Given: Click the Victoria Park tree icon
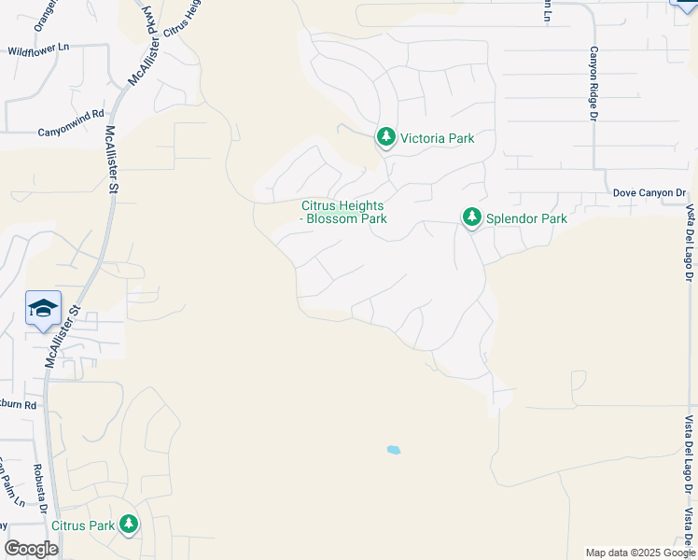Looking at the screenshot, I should point(386,137).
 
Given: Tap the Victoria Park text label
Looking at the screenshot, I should point(437,138).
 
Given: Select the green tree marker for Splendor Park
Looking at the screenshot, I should point(472,217).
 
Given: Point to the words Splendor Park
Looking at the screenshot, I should point(527,219).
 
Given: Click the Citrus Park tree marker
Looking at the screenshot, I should point(129,525).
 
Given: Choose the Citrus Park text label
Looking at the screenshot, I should point(83,525).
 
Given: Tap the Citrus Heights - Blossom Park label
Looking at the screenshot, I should point(343,213).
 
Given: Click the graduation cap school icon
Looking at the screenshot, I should point(43,308).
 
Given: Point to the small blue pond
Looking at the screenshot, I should point(394,450).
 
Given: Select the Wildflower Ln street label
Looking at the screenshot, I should point(38,49).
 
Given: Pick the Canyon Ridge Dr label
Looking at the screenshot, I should point(593,84).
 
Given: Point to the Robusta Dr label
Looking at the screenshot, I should point(41,486).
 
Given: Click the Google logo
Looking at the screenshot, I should point(31,549).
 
